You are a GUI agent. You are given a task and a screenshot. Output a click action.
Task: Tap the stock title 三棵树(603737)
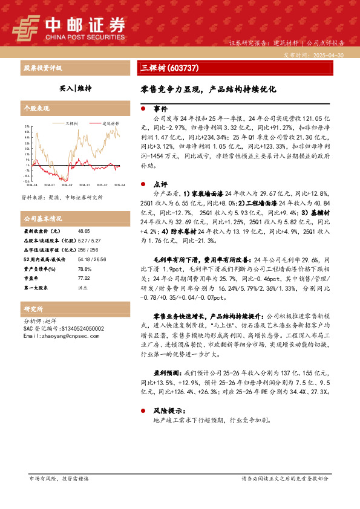(x=166, y=68)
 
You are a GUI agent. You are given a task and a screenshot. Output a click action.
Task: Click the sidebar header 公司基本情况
(x=42, y=218)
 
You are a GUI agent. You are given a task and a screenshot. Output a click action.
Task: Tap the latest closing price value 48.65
(x=83, y=232)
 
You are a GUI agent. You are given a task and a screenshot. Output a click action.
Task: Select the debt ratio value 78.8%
(x=84, y=269)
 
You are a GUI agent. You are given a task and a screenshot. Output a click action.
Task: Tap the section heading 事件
(x=160, y=109)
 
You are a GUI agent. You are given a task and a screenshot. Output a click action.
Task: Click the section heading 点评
(x=160, y=184)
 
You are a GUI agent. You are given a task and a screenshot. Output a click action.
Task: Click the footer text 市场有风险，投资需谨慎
(x=59, y=478)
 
